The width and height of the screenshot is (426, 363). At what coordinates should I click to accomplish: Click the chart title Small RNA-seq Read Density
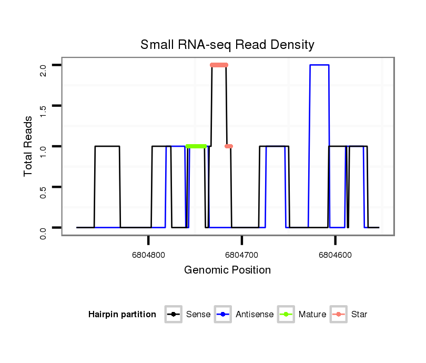(227, 45)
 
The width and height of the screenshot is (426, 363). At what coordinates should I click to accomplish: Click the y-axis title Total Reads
(29, 146)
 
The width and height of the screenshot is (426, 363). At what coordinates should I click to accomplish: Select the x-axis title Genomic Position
(227, 270)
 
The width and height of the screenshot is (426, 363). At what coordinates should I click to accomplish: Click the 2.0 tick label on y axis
(43, 65)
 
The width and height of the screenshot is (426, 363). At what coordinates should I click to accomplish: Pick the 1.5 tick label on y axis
(43, 106)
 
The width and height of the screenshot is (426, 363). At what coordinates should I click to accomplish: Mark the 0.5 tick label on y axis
(43, 187)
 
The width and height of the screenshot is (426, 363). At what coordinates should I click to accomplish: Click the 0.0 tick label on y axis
(43, 228)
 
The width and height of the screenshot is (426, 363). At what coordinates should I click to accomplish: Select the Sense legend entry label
(198, 315)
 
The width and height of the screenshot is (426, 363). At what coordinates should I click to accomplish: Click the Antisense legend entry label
(255, 315)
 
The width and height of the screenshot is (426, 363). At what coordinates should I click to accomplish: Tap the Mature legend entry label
(312, 315)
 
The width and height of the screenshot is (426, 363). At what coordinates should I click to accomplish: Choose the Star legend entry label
(359, 315)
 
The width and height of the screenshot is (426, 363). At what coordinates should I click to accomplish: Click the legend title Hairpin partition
(122, 315)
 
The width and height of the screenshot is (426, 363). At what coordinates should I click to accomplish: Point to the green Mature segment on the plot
(196, 146)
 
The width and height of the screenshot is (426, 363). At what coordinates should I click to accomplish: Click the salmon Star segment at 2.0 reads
(219, 65)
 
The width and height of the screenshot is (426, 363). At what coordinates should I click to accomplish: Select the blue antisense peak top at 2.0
(319, 65)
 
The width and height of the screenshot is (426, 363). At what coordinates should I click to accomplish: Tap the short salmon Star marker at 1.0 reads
(229, 146)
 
